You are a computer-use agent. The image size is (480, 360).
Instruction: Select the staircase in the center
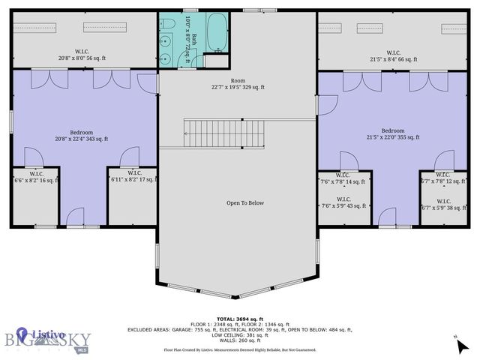pyautogui.click(x=225, y=133)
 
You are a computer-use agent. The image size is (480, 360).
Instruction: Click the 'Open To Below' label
pyautogui.click(x=245, y=202)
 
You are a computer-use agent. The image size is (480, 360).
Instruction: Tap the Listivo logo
pyautogui.click(x=41, y=331)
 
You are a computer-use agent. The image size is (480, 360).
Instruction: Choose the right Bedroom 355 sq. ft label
pyautogui.click(x=393, y=134)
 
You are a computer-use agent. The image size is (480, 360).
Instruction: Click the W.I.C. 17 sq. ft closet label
pyautogui.click(x=133, y=176)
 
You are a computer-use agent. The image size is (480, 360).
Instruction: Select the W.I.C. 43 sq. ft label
pyautogui.click(x=343, y=203)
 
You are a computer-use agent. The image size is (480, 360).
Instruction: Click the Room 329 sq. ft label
pyautogui.click(x=238, y=84)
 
